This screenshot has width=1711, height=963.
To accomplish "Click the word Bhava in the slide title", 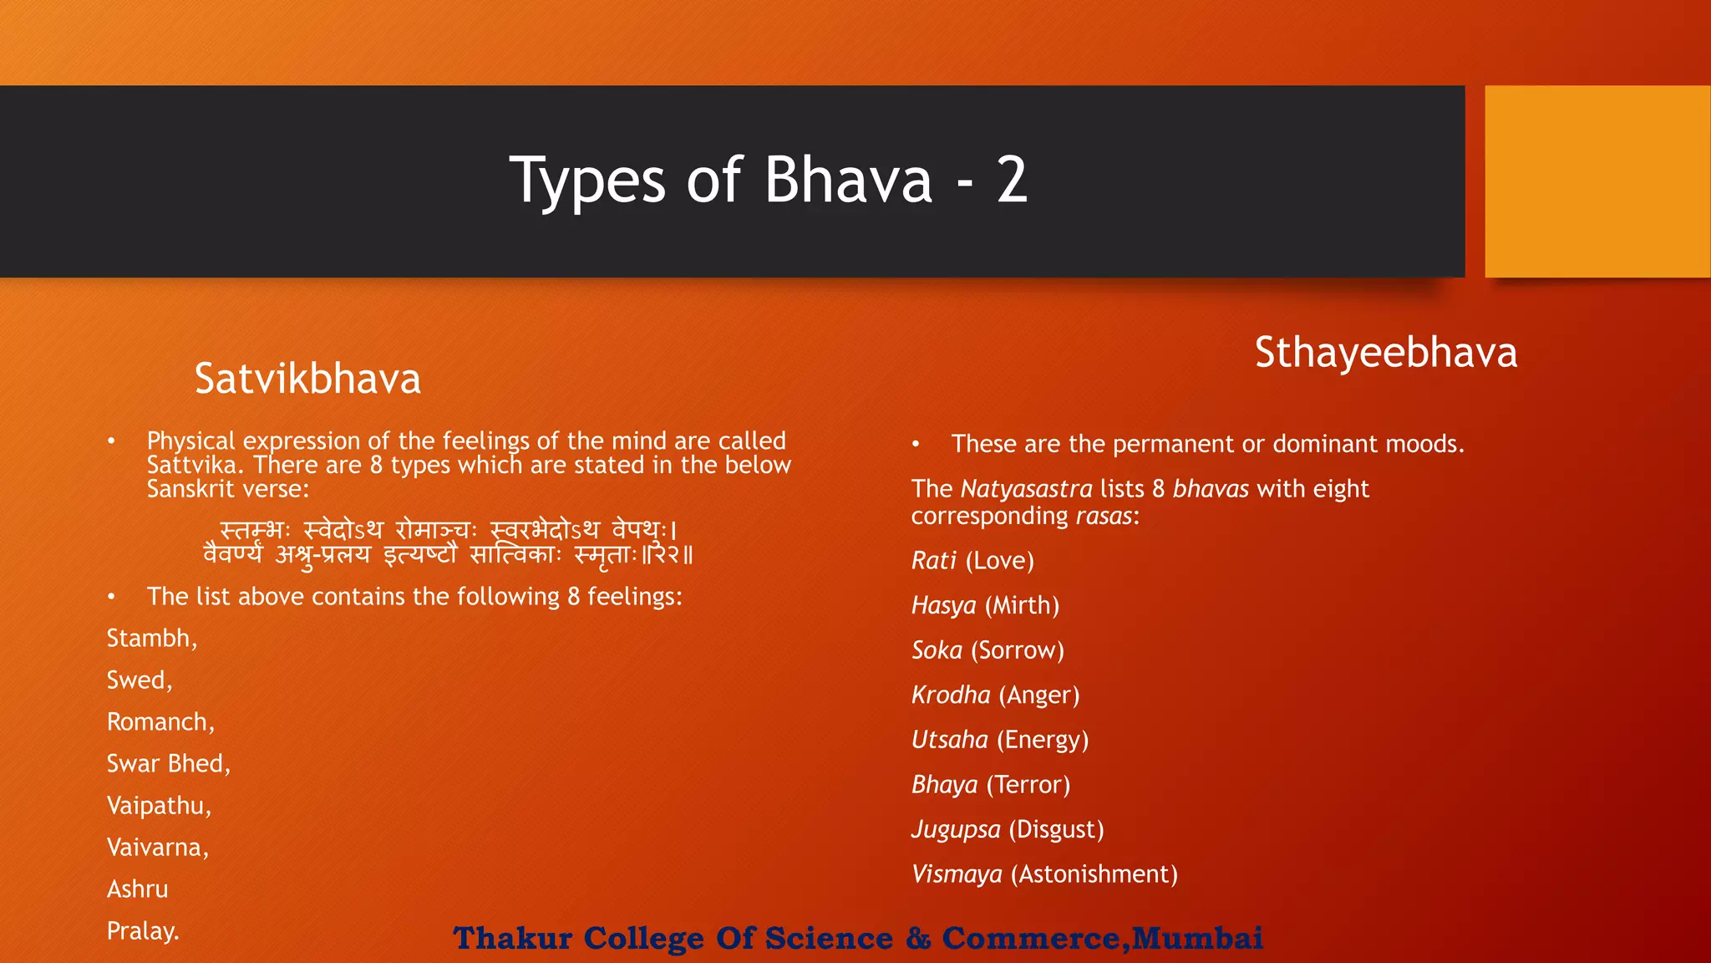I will tap(848, 180).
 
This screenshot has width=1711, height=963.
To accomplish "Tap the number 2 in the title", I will tap(1012, 180).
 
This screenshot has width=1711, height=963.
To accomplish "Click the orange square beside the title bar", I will tap(1597, 181).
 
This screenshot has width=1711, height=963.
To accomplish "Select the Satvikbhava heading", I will tap(307, 379).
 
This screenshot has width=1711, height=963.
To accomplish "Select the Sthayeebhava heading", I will tap(1385, 352).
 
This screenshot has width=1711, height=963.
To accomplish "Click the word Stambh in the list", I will tap(149, 639).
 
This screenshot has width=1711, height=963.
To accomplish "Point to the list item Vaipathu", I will tap(156, 806).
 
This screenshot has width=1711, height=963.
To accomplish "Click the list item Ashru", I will tap(137, 889).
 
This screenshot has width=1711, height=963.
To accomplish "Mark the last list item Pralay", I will tap(141, 931).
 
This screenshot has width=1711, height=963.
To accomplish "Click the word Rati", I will tap(933, 561).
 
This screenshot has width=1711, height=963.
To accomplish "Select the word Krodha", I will tap(951, 695).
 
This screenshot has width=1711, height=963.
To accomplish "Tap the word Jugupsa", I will tap(956, 829).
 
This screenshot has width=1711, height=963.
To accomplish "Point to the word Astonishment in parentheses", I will tap(1094, 874).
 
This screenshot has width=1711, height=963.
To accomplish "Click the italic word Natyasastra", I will tap(1026, 489).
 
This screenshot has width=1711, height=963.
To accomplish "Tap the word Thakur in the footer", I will tap(512, 938).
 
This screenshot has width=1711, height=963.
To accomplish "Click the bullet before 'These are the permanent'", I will tap(916, 444).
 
